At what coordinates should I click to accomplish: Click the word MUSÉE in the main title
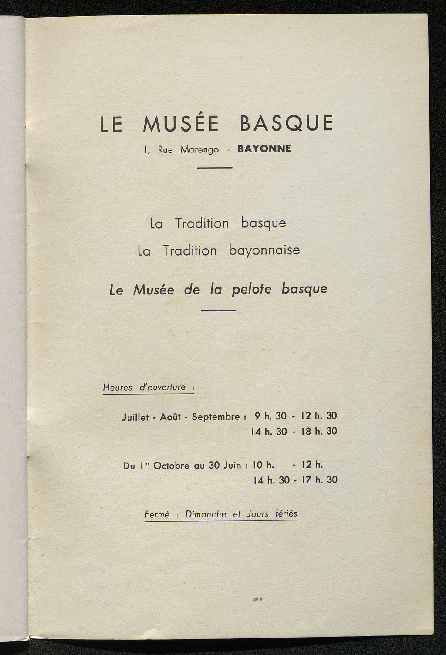pos(181,124)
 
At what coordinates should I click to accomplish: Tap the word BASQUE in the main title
pos(287,123)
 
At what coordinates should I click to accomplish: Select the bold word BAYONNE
pos(264,149)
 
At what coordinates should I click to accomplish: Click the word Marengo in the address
pos(199,150)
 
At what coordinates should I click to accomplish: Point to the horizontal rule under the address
pos(215,168)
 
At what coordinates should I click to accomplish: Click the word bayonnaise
pos(264,250)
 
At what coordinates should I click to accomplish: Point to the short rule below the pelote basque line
pos(219,311)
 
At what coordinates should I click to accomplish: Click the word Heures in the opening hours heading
pos(118,387)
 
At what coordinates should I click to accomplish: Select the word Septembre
pos(216,417)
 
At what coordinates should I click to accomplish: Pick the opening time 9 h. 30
pos(270,416)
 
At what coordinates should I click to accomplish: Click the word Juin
pos(232,465)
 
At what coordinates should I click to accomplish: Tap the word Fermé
pos(157,514)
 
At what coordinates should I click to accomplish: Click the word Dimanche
pos(206,514)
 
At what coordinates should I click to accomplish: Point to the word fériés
pos(286,513)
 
